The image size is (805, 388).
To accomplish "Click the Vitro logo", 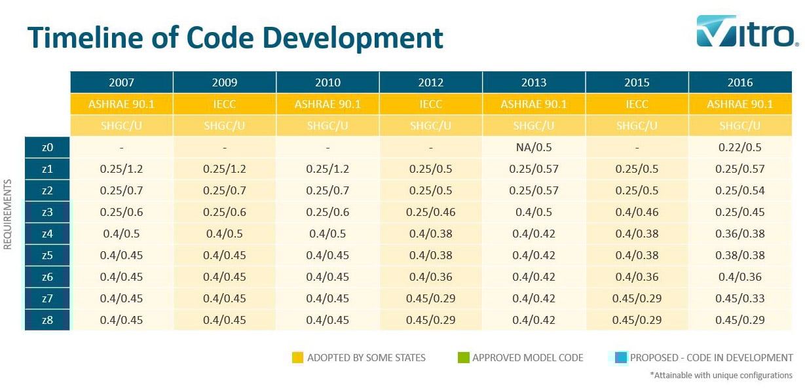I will pos(747,32).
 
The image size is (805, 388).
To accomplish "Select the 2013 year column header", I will pos(533,82).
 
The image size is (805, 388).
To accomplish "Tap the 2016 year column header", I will pos(739,82).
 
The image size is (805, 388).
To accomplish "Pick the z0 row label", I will pos(47,147).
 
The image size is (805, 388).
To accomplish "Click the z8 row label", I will pos(47,320).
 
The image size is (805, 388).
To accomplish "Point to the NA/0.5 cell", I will pos(533,147).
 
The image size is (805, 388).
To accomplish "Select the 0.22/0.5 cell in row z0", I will pos(739,147).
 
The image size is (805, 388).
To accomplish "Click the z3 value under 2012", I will pos(430,212).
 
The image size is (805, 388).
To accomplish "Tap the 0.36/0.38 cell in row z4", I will pos(739,234).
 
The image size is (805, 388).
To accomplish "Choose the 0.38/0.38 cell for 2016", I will pos(739,255).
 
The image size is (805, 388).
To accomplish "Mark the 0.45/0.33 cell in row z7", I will pos(739,298).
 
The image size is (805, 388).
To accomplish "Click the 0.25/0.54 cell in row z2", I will pos(739,190).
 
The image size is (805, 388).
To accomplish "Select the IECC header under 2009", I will pos(225,104).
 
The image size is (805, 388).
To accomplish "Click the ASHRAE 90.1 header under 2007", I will pos(121,104).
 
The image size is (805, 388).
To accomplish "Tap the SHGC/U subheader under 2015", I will pos(637,126).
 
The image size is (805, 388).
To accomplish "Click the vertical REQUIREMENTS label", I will pos(9,216).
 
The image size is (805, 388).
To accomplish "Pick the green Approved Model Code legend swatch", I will pos(463,358).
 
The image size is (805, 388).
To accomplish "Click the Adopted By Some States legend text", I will pos(366,358).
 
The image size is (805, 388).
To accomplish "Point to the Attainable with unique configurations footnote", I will pos(721,376).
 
